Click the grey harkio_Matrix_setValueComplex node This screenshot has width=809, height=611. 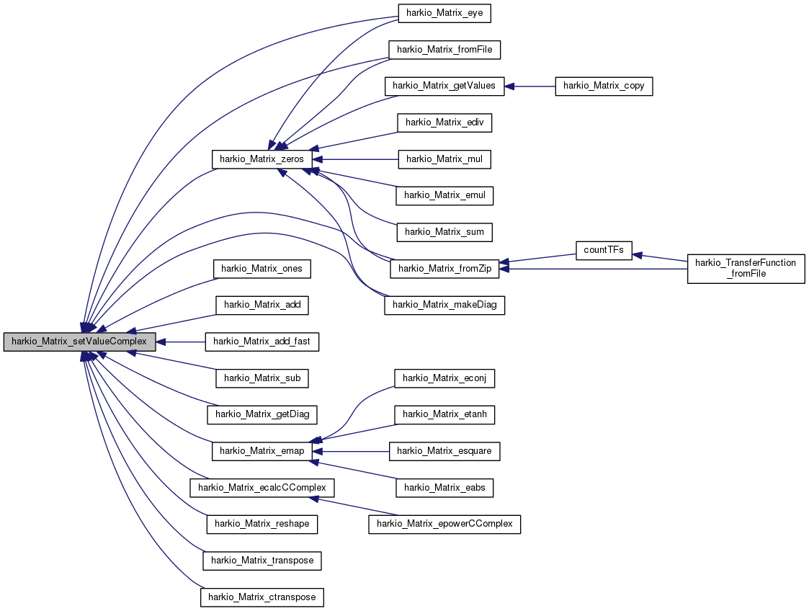click(x=79, y=342)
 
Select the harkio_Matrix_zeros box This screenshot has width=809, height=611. click(x=262, y=159)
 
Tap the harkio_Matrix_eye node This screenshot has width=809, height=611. click(x=444, y=13)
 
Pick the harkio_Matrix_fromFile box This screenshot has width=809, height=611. click(x=444, y=50)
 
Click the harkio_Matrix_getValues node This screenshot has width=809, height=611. click(x=444, y=86)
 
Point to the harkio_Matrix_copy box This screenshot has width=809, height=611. click(x=604, y=86)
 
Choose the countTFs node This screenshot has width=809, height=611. click(x=604, y=250)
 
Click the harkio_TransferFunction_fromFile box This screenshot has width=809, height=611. click(x=746, y=268)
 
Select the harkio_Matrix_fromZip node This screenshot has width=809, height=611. click(x=444, y=268)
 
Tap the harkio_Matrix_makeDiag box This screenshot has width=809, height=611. click(x=444, y=305)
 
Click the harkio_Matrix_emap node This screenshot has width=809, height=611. click(x=262, y=451)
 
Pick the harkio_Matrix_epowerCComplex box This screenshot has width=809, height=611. click(x=444, y=525)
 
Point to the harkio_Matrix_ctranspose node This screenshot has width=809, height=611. click(x=262, y=597)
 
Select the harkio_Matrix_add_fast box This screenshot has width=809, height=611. click(x=262, y=342)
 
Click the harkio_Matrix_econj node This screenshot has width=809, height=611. click(x=444, y=378)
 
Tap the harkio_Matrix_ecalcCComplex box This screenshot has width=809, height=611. click(x=262, y=488)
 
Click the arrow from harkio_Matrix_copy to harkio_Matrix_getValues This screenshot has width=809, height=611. click(x=529, y=86)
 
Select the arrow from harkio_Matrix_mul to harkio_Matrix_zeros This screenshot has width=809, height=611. click(x=355, y=159)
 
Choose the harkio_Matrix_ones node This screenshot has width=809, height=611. click(x=262, y=269)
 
